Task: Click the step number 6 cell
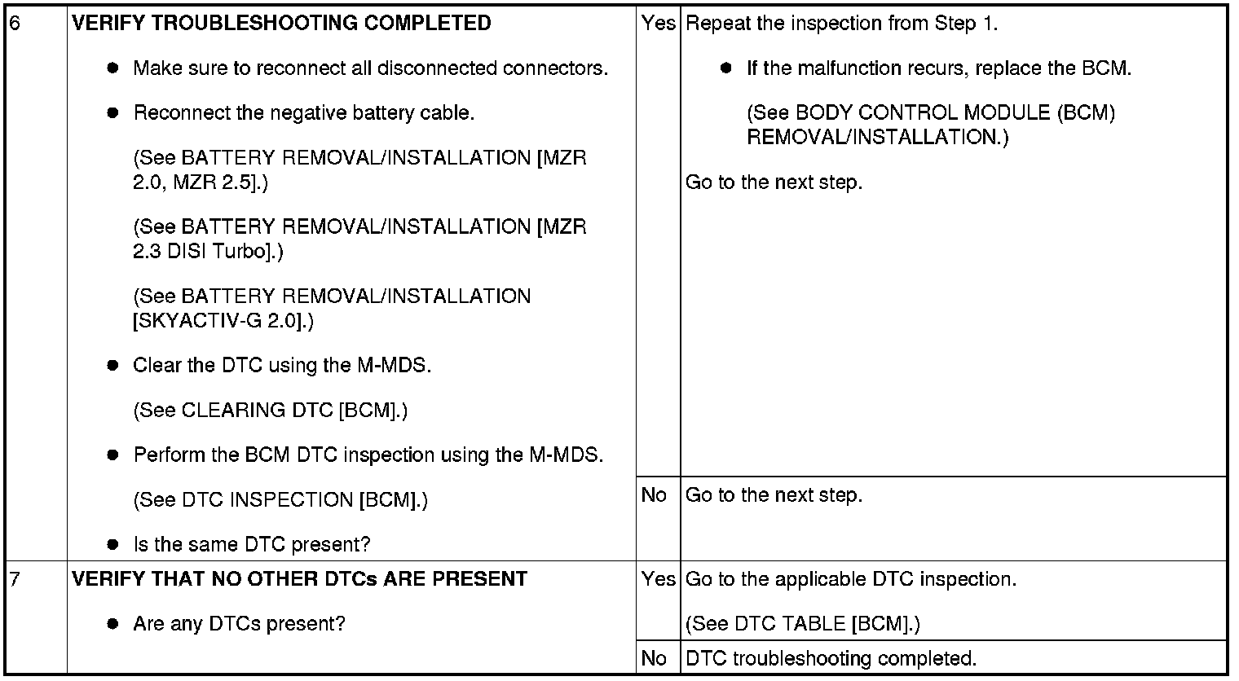click(14, 24)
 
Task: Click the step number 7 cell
click(14, 580)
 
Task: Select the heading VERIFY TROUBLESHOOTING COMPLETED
click(281, 24)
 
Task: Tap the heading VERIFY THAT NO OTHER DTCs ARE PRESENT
click(299, 580)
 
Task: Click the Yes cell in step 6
click(658, 24)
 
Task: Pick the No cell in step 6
click(654, 495)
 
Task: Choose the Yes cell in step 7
click(658, 580)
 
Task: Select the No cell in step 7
click(654, 658)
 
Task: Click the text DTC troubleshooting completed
click(831, 658)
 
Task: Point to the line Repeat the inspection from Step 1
click(842, 24)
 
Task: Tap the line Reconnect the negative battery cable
click(303, 113)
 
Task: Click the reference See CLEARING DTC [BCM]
click(270, 411)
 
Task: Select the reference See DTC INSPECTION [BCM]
click(280, 500)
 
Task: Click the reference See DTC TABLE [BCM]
click(802, 625)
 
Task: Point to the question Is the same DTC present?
click(251, 545)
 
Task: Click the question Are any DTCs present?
click(239, 625)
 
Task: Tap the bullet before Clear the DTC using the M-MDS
click(113, 366)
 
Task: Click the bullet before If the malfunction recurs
click(727, 68)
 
